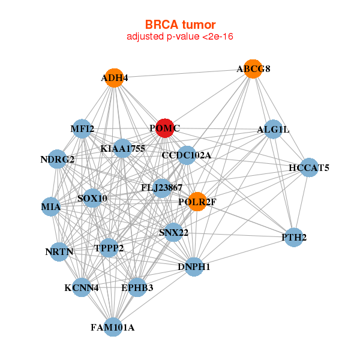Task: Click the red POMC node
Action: click(165, 128)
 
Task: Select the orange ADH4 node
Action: click(115, 78)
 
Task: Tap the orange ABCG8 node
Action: click(253, 69)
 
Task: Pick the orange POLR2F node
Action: click(197, 202)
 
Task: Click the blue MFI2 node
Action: click(82, 129)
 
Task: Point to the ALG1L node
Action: click(273, 129)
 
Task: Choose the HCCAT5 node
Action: click(309, 167)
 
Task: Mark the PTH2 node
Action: click(294, 238)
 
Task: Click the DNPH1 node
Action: click(194, 267)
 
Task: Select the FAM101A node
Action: click(113, 327)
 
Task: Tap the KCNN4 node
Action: click(82, 287)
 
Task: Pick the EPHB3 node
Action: click(137, 287)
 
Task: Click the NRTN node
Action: click(59, 252)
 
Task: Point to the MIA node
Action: click(51, 206)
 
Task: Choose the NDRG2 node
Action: click(57, 159)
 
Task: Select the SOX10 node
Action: click(92, 198)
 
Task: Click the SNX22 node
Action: click(173, 232)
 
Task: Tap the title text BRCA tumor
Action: click(180, 25)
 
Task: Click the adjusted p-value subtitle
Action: click(180, 37)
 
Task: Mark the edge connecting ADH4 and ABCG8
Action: click(184, 73)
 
